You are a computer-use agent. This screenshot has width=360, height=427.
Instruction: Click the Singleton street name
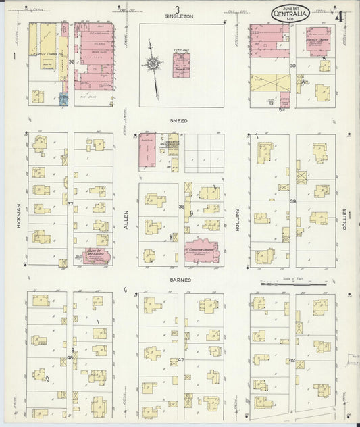pos(180,16)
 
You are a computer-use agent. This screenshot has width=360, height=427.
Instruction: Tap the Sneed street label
pos(179,120)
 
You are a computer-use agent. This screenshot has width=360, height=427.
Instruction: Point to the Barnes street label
pos(180,279)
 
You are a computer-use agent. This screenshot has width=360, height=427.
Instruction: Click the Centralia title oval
pos(290,12)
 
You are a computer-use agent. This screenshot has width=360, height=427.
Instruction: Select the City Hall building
pos(180,64)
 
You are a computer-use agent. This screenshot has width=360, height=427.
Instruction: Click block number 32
pos(71,61)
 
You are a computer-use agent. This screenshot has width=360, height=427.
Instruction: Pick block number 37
pos(70,203)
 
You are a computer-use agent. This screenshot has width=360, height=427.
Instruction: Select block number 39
pos(293,201)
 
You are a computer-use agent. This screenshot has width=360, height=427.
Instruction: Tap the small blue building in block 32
pos(63,99)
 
